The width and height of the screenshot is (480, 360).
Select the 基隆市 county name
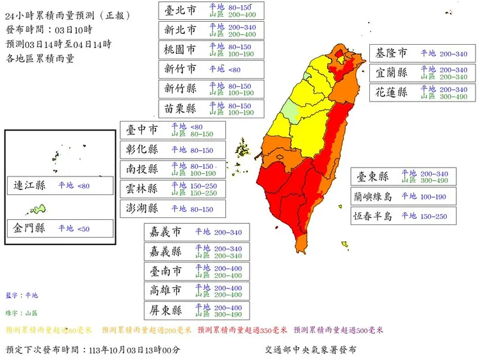tap(390, 53)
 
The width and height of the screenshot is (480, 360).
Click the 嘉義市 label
tap(165, 232)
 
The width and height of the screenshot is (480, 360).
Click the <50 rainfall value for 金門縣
tap(84, 228)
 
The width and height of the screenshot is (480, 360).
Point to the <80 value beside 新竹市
tap(234, 69)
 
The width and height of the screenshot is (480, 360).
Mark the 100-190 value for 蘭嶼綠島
tap(433, 196)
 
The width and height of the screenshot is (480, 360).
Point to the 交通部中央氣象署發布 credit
tap(310, 350)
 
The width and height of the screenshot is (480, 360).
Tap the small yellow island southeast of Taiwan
tap(345, 244)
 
